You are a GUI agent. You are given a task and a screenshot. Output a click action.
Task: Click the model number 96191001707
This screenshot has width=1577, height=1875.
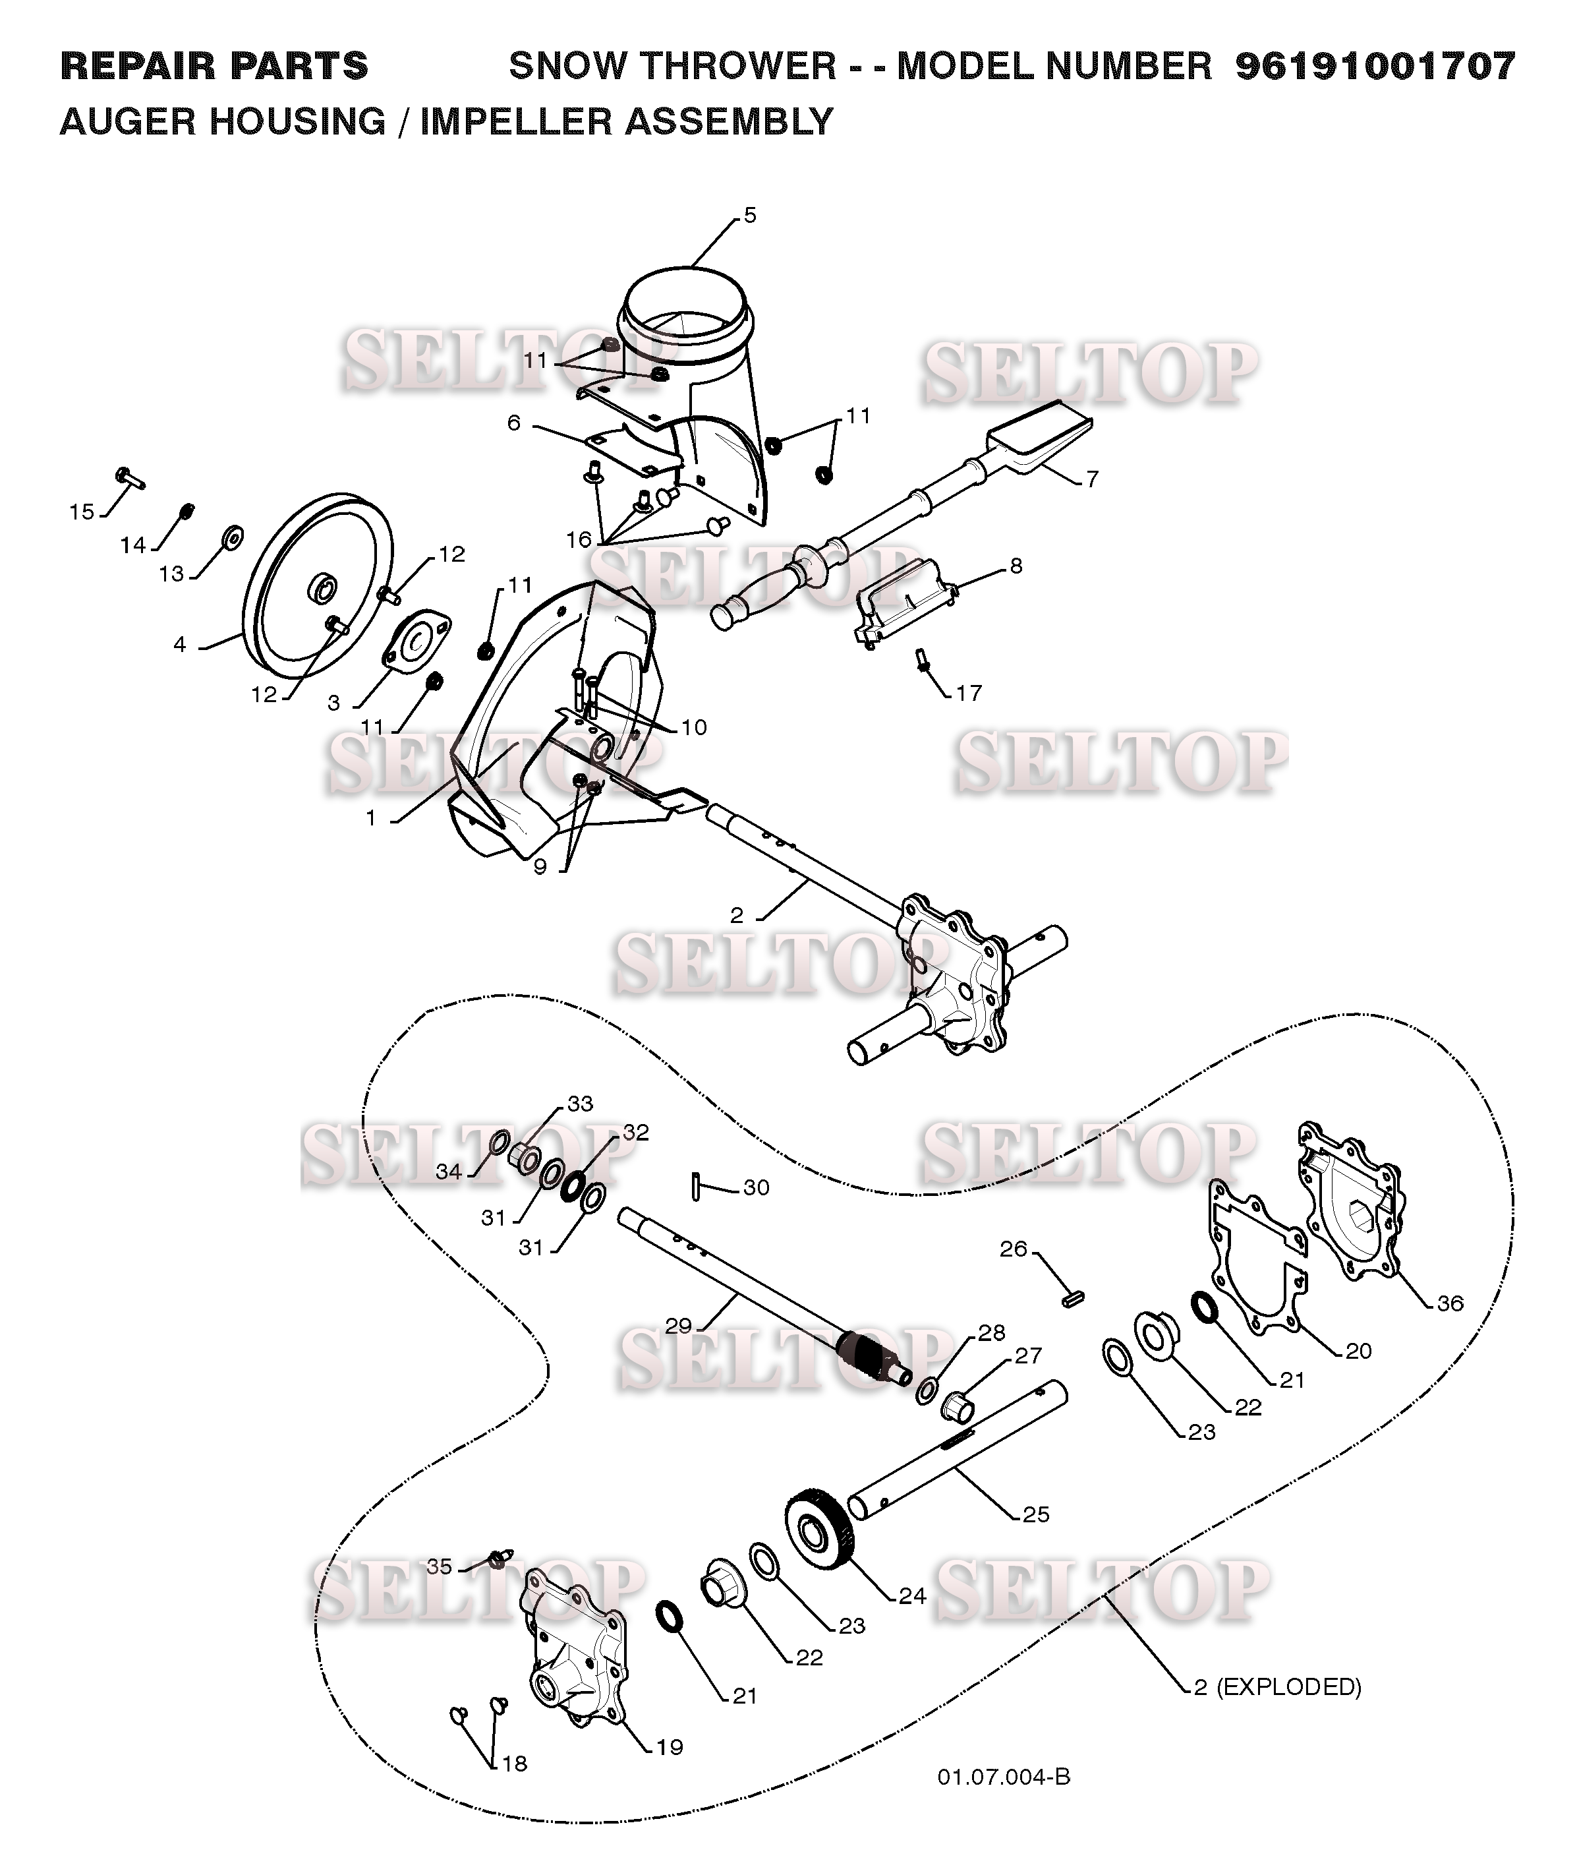[x=1376, y=66]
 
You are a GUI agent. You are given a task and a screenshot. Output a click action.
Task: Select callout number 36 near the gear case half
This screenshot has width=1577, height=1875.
[x=1449, y=1303]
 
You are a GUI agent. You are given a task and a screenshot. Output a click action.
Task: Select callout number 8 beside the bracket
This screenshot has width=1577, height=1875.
[x=1016, y=565]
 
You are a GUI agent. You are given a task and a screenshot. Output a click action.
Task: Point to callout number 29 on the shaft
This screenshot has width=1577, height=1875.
[x=679, y=1325]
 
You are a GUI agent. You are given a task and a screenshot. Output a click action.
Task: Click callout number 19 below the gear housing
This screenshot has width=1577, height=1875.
[x=670, y=1746]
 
